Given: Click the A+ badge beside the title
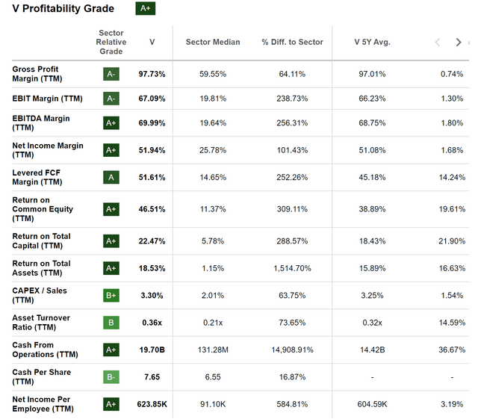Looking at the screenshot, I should point(145,9).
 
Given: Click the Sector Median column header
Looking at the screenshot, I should point(213,42).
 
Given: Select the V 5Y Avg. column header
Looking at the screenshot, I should point(372,42).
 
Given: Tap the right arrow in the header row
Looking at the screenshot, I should point(459,43).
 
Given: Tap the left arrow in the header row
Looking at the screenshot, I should point(438,43).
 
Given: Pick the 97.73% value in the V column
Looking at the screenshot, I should point(152,74).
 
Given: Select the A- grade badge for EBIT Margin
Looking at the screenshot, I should point(111,99).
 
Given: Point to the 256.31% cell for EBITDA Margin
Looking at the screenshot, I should point(292,123).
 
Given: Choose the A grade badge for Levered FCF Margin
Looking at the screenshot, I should point(111,177).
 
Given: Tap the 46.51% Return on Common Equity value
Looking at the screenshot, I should point(152,209).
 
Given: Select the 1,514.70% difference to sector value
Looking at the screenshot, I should point(292,268).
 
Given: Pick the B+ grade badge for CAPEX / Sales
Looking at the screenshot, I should point(111,295).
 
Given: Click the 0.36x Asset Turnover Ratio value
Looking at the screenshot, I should point(152,323).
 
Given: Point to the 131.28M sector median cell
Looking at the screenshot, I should point(213,350).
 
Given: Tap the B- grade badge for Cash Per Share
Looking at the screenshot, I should point(111,377).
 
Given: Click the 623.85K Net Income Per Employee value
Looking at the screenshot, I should point(152,404).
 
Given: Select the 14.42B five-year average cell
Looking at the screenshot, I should point(372,350).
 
